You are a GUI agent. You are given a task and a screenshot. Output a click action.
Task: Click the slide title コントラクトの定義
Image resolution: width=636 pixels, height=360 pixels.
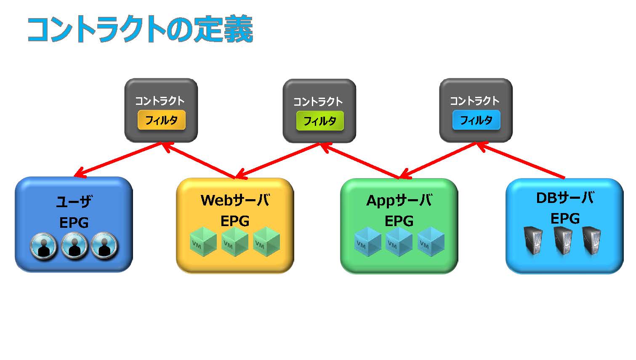tap(140, 29)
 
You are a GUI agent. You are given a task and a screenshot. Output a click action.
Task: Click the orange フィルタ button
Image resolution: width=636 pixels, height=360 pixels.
tap(162, 120)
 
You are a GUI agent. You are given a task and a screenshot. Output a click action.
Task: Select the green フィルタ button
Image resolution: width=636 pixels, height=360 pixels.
tap(320, 121)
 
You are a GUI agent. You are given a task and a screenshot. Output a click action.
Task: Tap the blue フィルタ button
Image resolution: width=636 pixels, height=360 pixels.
tap(476, 120)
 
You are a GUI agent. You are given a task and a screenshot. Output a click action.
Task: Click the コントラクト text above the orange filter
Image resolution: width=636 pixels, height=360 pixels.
tap(160, 101)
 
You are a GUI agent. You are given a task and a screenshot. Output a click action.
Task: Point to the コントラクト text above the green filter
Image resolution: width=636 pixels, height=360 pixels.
tap(318, 101)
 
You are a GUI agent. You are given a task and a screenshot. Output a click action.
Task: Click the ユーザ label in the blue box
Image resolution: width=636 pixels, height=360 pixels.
tap(74, 201)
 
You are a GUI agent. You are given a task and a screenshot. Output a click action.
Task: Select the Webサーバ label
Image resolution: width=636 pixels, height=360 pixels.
tap(235, 200)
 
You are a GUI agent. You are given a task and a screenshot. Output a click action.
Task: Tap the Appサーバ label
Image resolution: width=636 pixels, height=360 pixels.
tap(399, 200)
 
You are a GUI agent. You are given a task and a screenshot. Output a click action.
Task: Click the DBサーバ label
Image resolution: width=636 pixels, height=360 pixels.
tap(565, 197)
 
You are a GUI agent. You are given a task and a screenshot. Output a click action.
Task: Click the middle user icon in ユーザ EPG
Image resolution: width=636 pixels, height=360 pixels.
tap(75, 246)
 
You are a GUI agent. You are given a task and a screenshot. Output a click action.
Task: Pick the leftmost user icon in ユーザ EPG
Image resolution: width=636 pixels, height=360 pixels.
tap(43, 246)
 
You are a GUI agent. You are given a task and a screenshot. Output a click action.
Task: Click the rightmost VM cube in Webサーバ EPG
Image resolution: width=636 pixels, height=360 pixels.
tap(266, 242)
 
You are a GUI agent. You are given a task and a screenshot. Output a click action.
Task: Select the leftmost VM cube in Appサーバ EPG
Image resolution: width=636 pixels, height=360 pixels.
tap(368, 242)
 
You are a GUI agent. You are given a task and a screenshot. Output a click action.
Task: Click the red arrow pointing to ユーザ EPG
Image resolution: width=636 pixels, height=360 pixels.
tap(117, 160)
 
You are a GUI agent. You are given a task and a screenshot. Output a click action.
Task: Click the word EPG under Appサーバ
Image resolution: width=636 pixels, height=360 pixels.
tap(399, 221)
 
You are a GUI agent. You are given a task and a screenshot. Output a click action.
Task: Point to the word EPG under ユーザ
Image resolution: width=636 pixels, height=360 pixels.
tap(74, 223)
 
